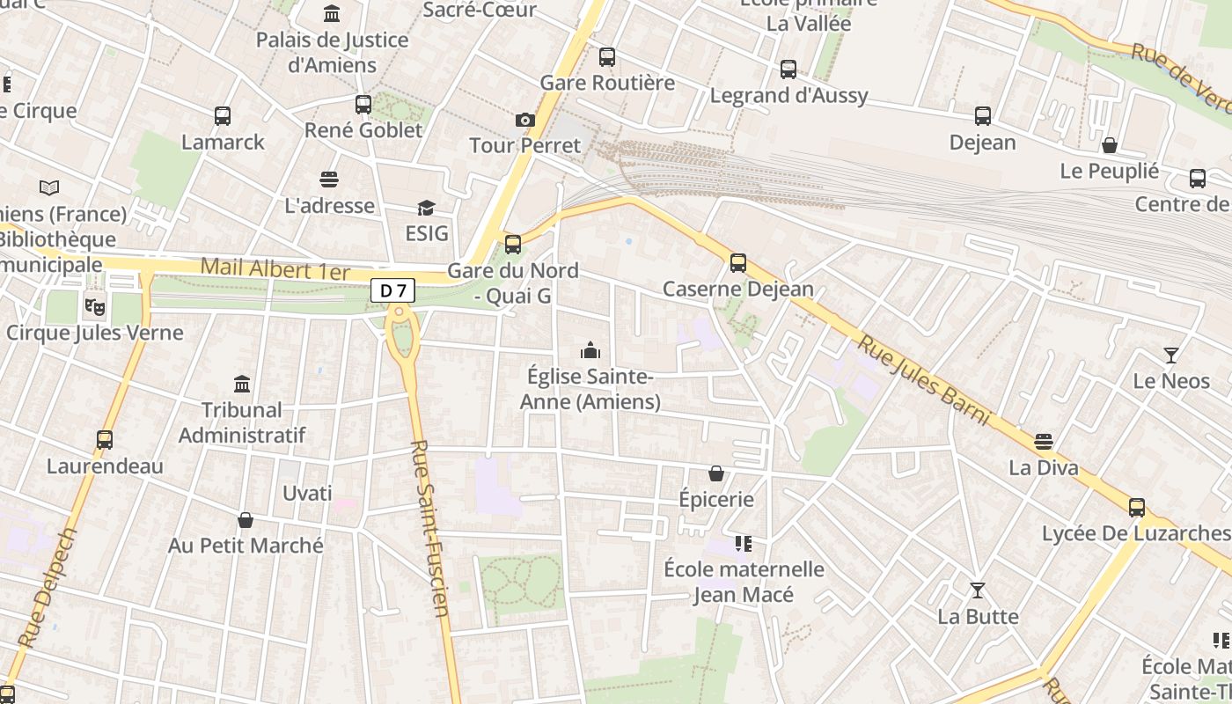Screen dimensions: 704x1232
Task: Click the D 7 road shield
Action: click(392, 290)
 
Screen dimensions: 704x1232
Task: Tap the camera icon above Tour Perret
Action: click(525, 120)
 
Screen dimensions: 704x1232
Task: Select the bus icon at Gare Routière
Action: click(607, 57)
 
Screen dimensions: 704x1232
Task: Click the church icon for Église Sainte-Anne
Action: click(590, 351)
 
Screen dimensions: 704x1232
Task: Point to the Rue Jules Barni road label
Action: click(924, 380)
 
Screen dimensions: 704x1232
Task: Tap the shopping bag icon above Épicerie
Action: click(716, 474)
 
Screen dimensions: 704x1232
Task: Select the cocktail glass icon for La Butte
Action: click(977, 590)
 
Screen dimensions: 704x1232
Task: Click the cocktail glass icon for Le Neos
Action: click(1170, 356)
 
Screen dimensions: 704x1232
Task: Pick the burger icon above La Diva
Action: click(1044, 442)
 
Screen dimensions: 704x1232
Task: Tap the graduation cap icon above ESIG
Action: click(426, 208)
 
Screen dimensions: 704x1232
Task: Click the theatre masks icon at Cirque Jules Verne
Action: click(93, 307)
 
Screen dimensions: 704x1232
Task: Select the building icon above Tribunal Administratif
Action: click(242, 384)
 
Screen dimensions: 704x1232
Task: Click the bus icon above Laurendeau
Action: click(105, 440)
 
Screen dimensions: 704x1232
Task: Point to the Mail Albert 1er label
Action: click(275, 269)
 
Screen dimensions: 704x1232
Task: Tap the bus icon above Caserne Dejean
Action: click(738, 263)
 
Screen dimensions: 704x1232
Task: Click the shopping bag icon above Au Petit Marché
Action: click(246, 520)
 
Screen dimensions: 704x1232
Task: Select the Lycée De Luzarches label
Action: click(1135, 533)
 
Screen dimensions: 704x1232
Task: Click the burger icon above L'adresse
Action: click(329, 180)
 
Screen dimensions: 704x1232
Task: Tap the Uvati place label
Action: click(307, 493)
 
